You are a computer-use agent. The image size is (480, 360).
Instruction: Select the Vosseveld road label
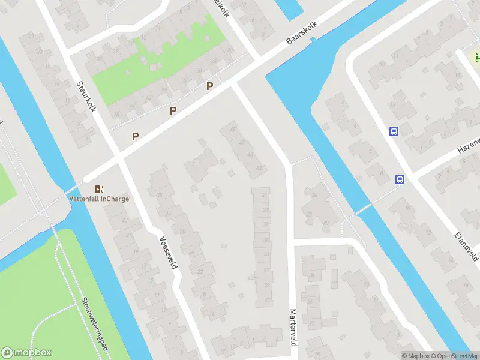point(168,252)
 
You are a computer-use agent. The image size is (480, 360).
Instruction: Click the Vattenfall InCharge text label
point(98,199)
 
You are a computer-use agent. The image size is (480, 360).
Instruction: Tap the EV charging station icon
point(98,188)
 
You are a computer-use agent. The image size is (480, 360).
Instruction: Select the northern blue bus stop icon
point(394,131)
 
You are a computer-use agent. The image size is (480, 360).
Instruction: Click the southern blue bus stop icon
point(400,179)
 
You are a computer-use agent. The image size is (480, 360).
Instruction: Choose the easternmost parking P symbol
point(209,86)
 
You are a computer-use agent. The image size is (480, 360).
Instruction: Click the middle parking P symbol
point(173,110)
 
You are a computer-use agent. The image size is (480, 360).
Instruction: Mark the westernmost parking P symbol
point(136,136)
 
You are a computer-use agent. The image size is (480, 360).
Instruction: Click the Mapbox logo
point(26,353)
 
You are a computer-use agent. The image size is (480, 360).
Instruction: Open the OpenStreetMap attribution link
point(455,356)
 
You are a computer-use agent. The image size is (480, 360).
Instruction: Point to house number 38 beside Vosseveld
point(160,194)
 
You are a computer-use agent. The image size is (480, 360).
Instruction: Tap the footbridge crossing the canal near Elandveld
point(363,208)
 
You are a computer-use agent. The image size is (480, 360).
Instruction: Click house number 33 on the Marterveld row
point(266,254)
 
